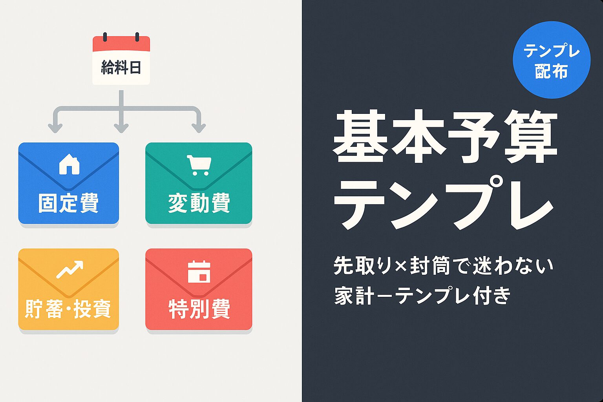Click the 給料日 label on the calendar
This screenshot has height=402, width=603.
click(x=121, y=68)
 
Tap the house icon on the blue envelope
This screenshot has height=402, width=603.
click(x=69, y=164)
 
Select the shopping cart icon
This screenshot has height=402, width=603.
click(x=199, y=165)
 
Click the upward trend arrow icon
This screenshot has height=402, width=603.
click(x=70, y=269)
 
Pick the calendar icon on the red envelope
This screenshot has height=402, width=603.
click(x=199, y=272)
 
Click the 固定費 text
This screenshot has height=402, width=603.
click(x=68, y=203)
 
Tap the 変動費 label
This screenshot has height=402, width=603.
click(x=199, y=203)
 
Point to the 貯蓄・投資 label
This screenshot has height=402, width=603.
click(x=68, y=309)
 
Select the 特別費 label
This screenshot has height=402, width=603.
click(x=199, y=309)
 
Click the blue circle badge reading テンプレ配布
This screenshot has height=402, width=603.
click(x=552, y=60)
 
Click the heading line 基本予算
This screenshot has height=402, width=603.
click(x=445, y=137)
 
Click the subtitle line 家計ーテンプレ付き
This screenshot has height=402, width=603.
click(x=422, y=296)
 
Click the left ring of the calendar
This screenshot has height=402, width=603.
click(x=105, y=37)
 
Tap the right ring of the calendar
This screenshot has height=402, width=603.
click(x=137, y=37)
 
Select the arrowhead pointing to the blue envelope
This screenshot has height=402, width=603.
click(x=55, y=128)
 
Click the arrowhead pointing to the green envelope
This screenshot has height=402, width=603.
click(x=199, y=128)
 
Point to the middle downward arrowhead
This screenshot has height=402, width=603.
click(x=121, y=128)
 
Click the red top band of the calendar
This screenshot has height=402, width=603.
click(x=121, y=44)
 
